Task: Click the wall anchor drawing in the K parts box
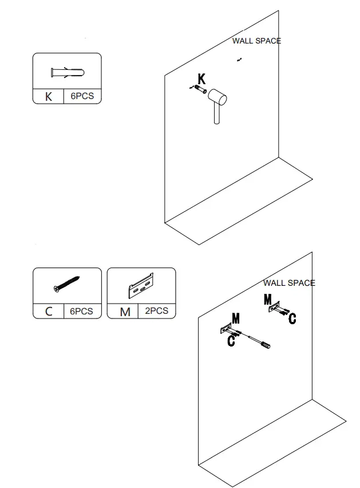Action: (66, 73)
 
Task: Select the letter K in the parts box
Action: (49, 97)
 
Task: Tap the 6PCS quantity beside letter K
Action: (82, 96)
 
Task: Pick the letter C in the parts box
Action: (49, 312)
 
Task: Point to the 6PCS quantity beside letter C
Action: (81, 311)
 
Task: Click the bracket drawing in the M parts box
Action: (141, 285)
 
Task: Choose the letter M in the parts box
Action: (125, 312)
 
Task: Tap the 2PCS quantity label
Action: (156, 310)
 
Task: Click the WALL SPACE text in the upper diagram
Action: (256, 41)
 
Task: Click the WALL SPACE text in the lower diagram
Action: (289, 283)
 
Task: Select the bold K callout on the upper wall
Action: (201, 79)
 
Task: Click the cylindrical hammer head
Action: (217, 98)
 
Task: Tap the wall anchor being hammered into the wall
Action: (200, 89)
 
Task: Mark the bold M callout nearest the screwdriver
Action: (236, 318)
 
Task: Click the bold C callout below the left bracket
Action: (231, 341)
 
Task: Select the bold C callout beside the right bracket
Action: (292, 318)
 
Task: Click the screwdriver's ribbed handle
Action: (266, 344)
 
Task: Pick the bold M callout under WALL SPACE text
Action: (268, 299)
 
